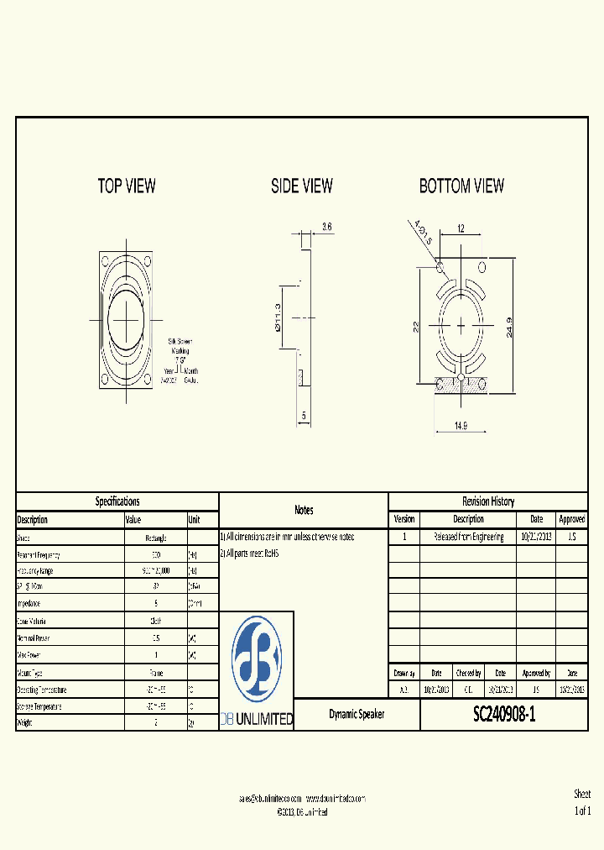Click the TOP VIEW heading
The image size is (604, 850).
[127, 186]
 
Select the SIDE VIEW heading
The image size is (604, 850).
[301, 186]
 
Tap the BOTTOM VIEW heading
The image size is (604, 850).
[461, 186]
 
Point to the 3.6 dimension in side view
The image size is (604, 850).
[327, 227]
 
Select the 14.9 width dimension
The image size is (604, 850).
[461, 426]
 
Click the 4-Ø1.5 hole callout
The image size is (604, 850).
[421, 233]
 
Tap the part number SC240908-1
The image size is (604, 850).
[503, 715]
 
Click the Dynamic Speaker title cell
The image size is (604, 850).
[357, 715]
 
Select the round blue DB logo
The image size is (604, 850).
[256, 660]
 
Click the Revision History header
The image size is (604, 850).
[488, 501]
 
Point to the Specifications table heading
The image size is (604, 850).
[117, 501]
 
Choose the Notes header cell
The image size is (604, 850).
[304, 510]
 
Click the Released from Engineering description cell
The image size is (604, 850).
[468, 537]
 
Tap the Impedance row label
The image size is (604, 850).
[29, 604]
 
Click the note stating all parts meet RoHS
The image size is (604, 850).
[249, 554]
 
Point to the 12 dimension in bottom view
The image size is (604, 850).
[461, 228]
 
